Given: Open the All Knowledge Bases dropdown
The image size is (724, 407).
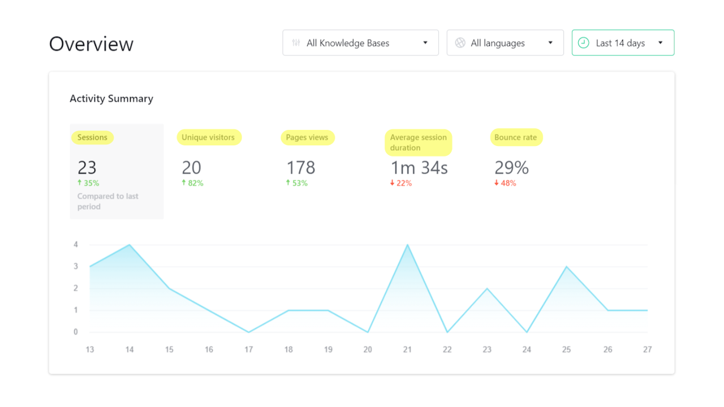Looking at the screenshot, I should pyautogui.click(x=360, y=43).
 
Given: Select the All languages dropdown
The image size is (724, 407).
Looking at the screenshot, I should pyautogui.click(x=505, y=43).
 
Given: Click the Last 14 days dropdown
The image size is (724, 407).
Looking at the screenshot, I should pyautogui.click(x=623, y=43).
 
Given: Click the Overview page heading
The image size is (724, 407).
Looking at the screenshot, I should pyautogui.click(x=91, y=44).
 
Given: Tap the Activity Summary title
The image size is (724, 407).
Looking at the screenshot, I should pyautogui.click(x=111, y=98).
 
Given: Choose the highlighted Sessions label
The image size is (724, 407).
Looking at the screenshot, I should pyautogui.click(x=92, y=137).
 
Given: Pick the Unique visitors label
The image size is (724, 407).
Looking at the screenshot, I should pyautogui.click(x=208, y=137).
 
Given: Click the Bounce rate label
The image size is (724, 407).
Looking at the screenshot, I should pyautogui.click(x=516, y=137).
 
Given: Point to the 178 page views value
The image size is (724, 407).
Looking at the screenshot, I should pyautogui.click(x=300, y=167).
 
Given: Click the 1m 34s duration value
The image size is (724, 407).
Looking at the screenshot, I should pyautogui.click(x=419, y=167).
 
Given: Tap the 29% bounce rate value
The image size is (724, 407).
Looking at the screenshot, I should pyautogui.click(x=511, y=167).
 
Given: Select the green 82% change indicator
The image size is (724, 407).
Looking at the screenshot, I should pyautogui.click(x=192, y=183).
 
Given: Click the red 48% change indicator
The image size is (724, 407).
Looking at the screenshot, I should pyautogui.click(x=505, y=183).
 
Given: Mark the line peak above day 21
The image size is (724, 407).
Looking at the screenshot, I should pyautogui.click(x=407, y=245).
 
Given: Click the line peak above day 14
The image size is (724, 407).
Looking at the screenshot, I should pyautogui.click(x=130, y=245).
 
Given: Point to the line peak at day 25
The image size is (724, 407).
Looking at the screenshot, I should pyautogui.click(x=566, y=267).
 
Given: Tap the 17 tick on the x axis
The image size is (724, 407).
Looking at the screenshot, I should pyautogui.click(x=248, y=349).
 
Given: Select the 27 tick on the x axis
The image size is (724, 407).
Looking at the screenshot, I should pyautogui.click(x=647, y=349).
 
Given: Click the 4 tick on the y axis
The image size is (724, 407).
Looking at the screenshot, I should pyautogui.click(x=75, y=245).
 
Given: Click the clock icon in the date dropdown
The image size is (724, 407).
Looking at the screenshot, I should pyautogui.click(x=584, y=43).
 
